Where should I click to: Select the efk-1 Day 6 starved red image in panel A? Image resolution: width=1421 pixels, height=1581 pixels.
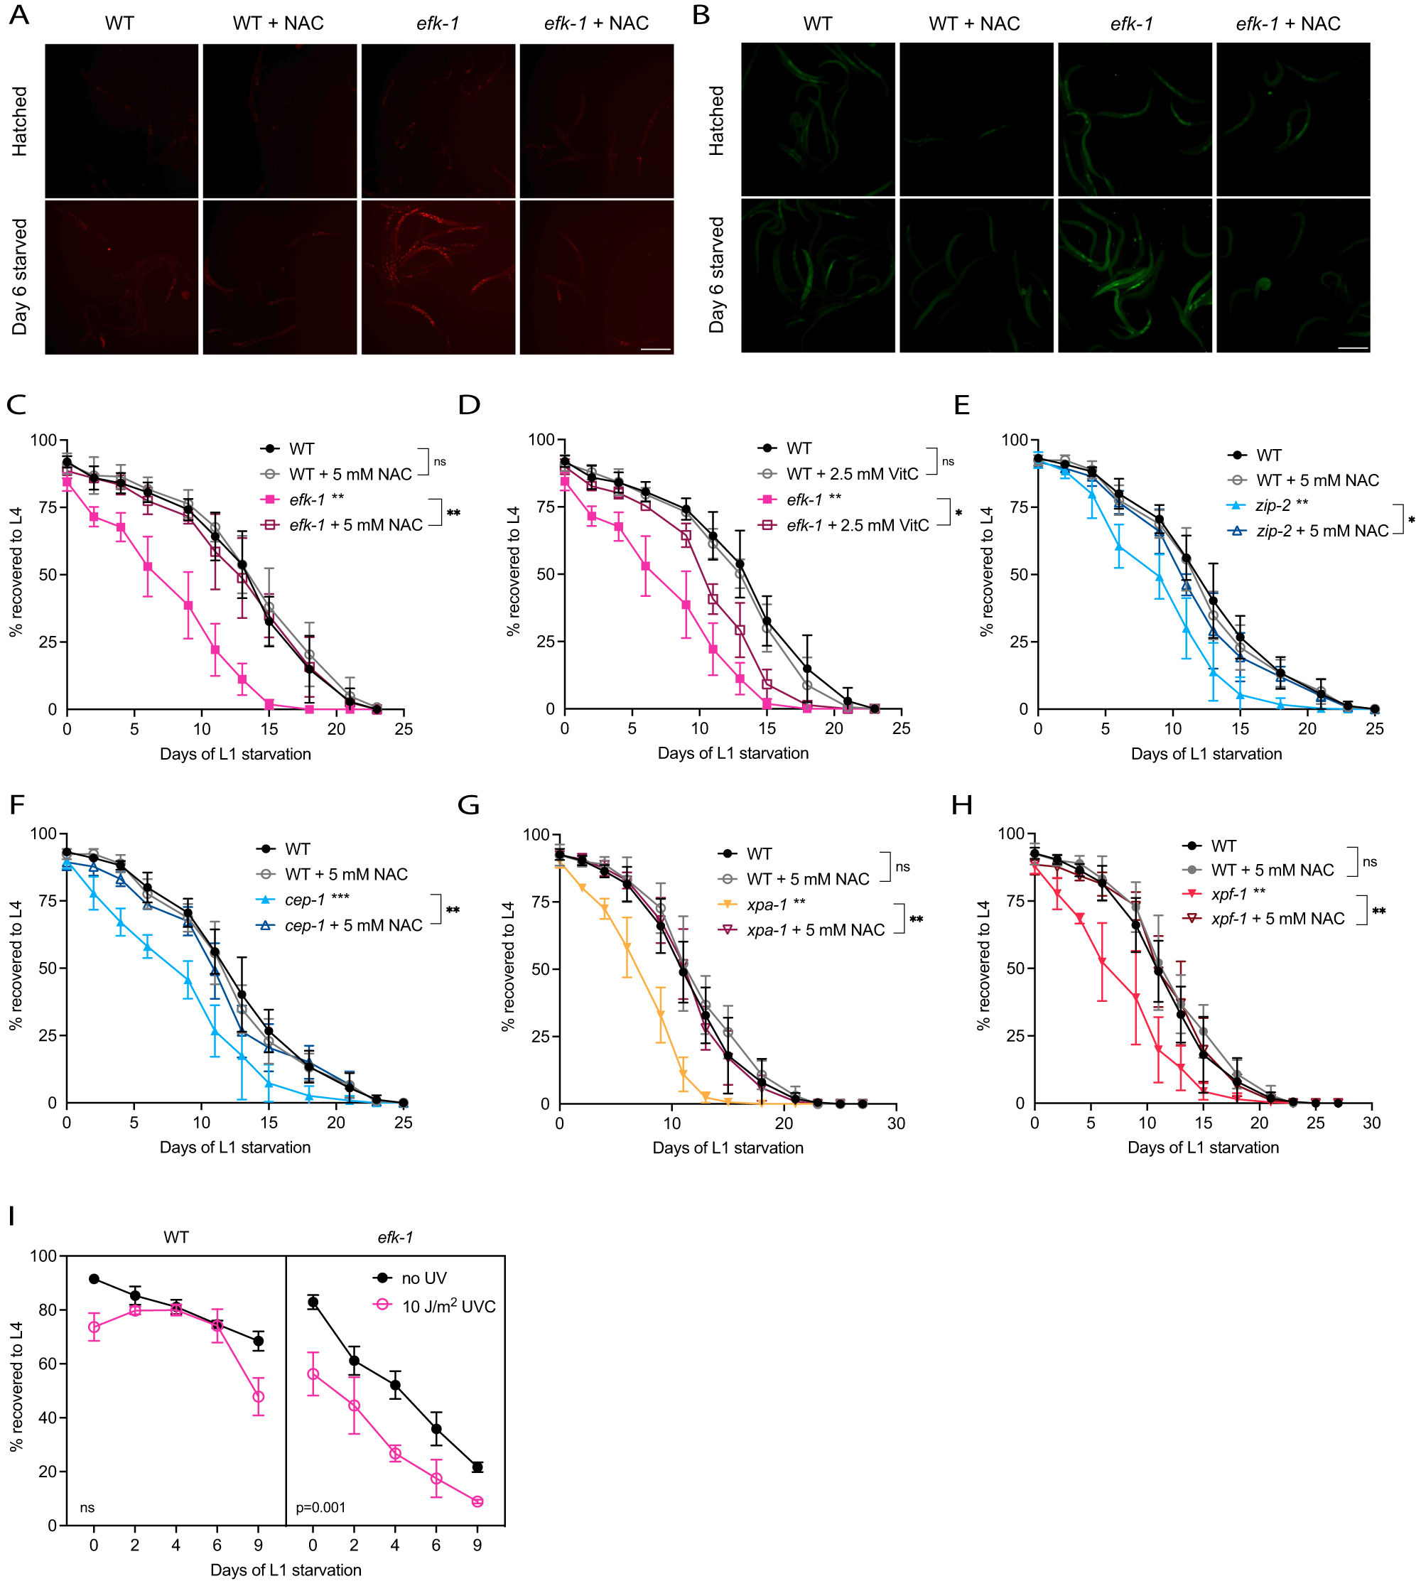438,277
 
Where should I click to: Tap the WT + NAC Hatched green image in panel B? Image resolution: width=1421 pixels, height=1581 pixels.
976,119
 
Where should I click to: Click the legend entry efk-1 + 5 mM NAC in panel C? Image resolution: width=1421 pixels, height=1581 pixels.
355,525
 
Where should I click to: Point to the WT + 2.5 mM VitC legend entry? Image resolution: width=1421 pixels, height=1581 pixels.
852,474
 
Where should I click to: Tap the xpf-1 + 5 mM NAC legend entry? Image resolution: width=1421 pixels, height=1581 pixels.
1277,919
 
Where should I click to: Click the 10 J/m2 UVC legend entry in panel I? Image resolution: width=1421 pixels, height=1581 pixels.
448,1307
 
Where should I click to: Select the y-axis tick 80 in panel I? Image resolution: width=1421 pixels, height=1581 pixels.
48,1310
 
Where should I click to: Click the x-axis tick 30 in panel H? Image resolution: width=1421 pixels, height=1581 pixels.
1371,1123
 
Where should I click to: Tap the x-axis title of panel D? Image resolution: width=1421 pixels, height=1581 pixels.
733,753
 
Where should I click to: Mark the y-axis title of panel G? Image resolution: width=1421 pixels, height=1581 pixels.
509,966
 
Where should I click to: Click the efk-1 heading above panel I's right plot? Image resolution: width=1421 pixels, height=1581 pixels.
395,1238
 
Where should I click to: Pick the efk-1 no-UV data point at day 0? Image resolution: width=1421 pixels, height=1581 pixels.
313,1302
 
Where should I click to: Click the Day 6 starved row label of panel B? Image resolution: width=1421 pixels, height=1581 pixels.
717,276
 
